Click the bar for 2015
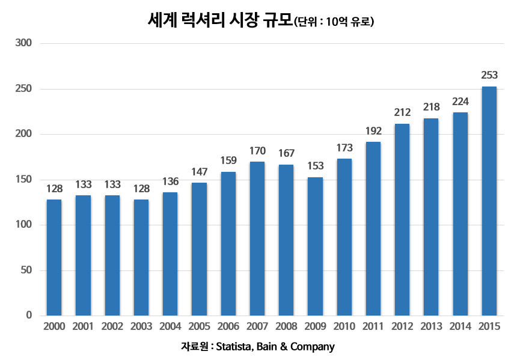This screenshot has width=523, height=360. [x=489, y=201]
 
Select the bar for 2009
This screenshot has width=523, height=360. [x=315, y=246]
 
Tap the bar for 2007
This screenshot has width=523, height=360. [x=257, y=239]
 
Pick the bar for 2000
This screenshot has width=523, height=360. [x=54, y=257]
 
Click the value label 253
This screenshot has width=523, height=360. [x=489, y=76]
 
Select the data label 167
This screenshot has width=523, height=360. [x=286, y=153]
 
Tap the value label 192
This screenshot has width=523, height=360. [x=373, y=130]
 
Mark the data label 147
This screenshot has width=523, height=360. [x=199, y=171]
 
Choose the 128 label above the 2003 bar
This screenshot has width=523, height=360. [x=141, y=188]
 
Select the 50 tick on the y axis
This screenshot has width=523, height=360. [x=26, y=270]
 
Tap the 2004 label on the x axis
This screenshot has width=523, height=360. [x=170, y=326]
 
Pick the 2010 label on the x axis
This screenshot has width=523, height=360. [x=344, y=326]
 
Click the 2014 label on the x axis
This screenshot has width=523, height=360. [x=460, y=326]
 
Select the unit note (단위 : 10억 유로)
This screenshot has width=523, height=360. [x=334, y=22]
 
